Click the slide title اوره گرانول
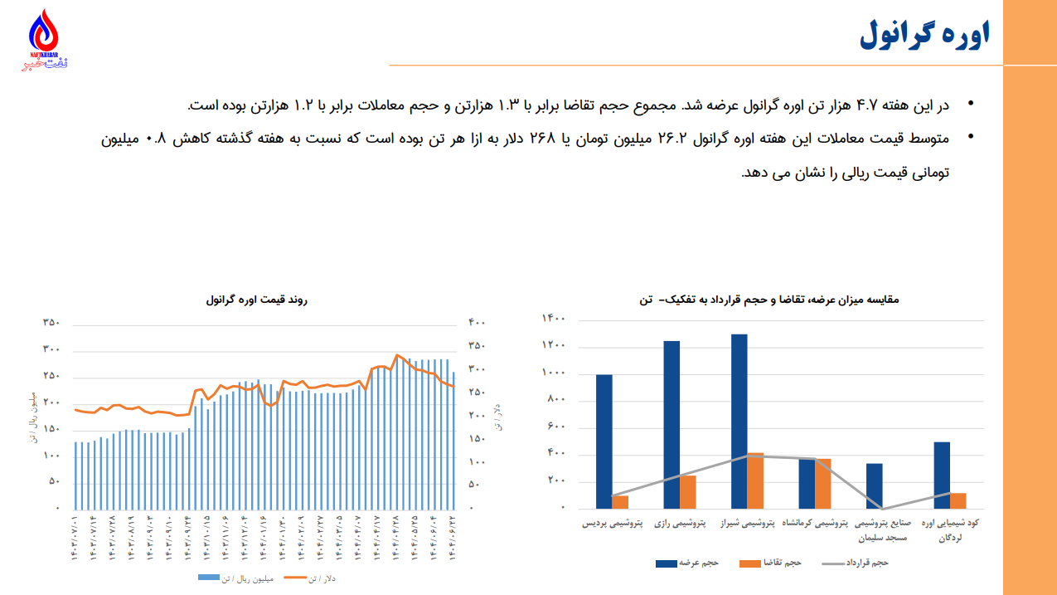(925, 35)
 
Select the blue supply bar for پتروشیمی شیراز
(739, 421)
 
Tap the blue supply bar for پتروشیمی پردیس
(604, 441)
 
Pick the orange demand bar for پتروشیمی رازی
(688, 491)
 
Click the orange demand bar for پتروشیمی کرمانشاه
(823, 483)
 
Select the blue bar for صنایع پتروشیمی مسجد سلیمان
(875, 485)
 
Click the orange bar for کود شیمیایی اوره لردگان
(958, 500)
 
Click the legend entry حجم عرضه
(686, 563)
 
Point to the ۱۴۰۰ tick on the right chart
(554, 319)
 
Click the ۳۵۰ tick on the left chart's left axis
(51, 323)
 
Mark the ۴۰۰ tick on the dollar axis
(477, 323)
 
